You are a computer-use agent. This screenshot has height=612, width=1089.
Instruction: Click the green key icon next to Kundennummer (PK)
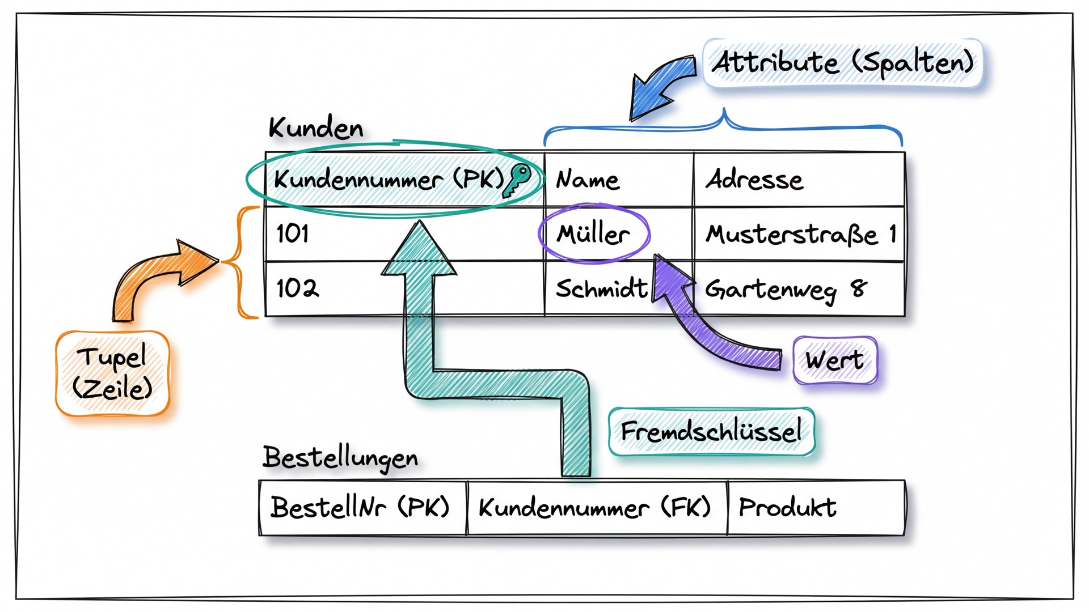coord(517,180)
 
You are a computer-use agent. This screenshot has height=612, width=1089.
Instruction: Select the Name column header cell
coord(619,180)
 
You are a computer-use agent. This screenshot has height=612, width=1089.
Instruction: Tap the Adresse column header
coord(799,180)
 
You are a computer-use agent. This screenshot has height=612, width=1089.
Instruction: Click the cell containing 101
coord(404,233)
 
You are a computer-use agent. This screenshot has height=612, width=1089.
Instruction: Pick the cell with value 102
coord(404,288)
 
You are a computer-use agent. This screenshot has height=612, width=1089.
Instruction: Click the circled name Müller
coord(593,233)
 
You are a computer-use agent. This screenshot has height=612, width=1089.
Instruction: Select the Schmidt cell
coord(619,288)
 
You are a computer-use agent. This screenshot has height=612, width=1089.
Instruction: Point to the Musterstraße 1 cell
coord(799,233)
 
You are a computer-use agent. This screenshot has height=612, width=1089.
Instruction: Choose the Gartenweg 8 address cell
coord(799,288)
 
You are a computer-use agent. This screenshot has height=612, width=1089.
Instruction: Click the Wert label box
coord(835,360)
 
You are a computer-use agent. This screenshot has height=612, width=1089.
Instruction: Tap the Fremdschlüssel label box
coord(711,432)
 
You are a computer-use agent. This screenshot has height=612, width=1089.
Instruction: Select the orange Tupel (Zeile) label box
coord(112,373)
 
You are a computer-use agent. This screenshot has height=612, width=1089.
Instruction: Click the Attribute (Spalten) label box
coord(842,62)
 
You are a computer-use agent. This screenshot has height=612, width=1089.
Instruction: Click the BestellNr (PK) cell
coord(362,507)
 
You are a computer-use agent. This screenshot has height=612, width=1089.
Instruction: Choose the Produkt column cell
coord(816,507)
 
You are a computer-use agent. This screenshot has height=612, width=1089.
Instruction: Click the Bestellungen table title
coord(340,458)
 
